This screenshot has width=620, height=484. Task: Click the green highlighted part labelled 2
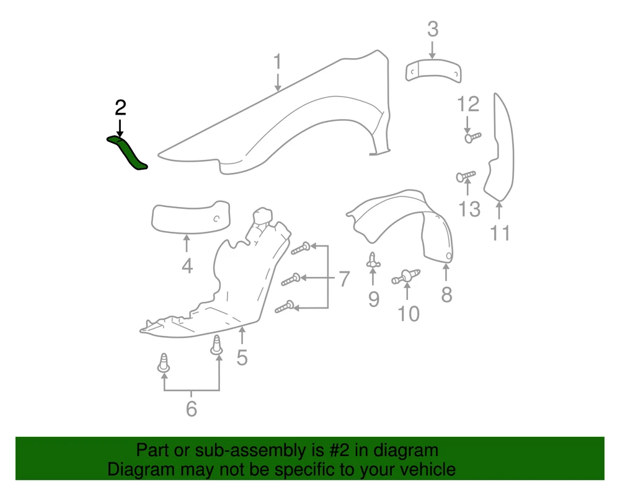128,152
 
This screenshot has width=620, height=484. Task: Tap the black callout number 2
120,108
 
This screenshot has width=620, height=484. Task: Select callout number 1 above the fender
278,61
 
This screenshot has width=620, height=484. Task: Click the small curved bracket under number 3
433,71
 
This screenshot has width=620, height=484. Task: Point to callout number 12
468,104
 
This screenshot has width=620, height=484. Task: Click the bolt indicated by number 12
472,137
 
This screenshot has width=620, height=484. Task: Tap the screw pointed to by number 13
466,176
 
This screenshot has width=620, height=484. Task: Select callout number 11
500,233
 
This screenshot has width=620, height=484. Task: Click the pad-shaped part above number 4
190,218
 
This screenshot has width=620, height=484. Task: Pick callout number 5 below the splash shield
242,357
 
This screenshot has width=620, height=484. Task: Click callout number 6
192,408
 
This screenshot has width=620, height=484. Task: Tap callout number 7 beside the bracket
344,279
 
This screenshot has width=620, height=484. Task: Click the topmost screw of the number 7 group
301,248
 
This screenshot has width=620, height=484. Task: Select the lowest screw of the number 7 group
285,307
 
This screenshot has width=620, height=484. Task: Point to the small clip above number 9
373,260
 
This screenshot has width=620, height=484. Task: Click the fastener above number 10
406,276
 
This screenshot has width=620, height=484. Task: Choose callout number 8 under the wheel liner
446,295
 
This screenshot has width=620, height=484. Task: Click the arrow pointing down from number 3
433,50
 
